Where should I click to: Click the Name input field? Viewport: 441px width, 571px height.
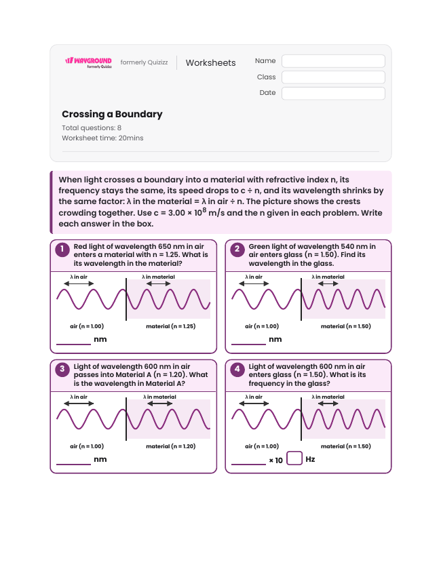click(x=333, y=61)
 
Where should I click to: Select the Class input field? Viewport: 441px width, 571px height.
click(x=333, y=77)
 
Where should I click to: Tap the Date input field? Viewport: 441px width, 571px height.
click(x=333, y=93)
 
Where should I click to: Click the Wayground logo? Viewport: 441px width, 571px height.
click(x=89, y=62)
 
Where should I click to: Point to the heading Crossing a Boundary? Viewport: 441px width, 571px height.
click(x=112, y=115)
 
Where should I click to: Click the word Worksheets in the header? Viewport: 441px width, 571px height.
click(x=210, y=62)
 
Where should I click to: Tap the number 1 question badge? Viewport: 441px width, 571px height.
click(x=62, y=250)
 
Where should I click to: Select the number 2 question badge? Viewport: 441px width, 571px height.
click(x=237, y=250)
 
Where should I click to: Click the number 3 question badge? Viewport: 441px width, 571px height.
click(x=62, y=370)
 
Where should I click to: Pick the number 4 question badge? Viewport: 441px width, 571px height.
click(x=237, y=370)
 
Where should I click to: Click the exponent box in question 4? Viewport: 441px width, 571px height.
click(x=294, y=458)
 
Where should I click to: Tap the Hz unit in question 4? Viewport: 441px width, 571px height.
click(x=310, y=459)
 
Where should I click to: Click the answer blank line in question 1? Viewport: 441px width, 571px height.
click(x=74, y=344)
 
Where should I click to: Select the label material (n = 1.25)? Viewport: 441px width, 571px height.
click(x=170, y=326)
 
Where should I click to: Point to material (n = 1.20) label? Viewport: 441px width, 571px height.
click(x=170, y=446)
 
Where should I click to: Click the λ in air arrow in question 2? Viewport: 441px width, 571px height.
click(x=254, y=283)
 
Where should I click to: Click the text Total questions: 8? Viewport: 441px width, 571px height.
click(x=92, y=127)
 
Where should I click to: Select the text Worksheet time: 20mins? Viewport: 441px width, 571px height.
click(x=102, y=138)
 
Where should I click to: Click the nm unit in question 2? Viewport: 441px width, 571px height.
click(x=275, y=339)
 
